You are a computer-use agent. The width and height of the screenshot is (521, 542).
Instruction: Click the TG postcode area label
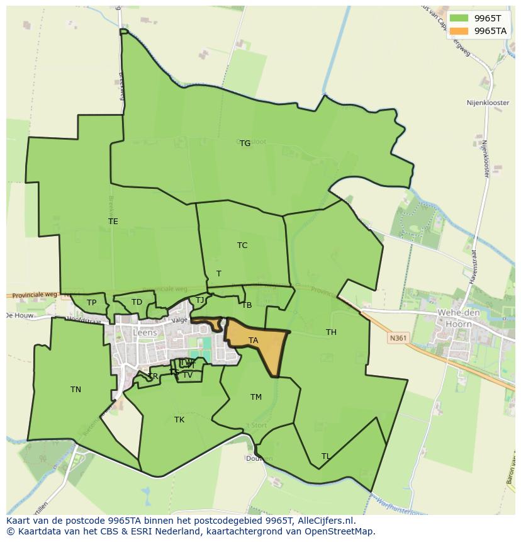tap(245, 144)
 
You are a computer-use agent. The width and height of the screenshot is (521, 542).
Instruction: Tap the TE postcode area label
tap(113, 222)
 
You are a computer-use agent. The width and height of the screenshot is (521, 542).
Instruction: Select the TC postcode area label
tap(242, 246)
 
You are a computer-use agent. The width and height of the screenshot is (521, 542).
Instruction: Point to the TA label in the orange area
tap(253, 341)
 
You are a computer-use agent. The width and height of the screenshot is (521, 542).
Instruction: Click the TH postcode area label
tap(331, 332)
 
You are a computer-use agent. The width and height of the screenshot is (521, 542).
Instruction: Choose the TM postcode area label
tap(255, 397)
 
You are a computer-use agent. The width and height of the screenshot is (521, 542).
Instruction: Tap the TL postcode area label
tap(325, 456)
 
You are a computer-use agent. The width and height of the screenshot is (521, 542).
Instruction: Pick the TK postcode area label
tap(179, 420)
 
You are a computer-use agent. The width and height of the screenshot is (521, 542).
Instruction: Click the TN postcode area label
tap(76, 390)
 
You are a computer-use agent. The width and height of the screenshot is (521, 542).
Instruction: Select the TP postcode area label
tap(92, 303)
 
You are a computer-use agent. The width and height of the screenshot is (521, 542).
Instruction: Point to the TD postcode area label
tap(137, 302)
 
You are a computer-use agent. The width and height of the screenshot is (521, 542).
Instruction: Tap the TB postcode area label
tap(247, 305)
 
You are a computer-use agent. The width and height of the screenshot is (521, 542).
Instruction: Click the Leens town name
tap(144, 332)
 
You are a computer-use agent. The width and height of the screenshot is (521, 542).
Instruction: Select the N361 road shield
tap(398, 338)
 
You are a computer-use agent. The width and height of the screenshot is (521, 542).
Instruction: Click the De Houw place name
tap(19, 315)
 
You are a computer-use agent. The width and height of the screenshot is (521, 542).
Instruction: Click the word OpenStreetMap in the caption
tap(339, 531)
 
